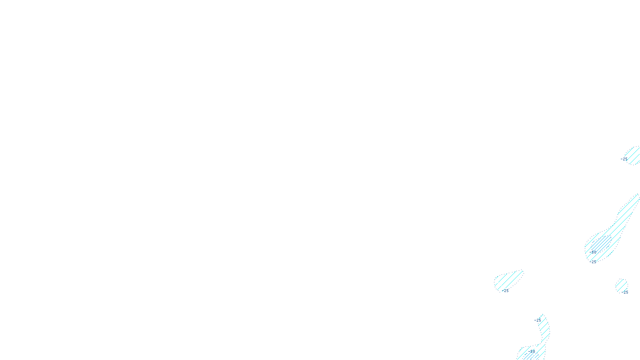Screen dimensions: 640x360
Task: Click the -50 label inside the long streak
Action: pyautogui.click(x=593, y=252)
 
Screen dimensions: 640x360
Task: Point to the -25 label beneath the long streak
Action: pyautogui.click(x=592, y=262)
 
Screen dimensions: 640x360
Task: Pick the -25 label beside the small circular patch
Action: pyautogui.click(x=625, y=292)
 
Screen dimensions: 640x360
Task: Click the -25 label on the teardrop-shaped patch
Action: pyautogui.click(x=506, y=291)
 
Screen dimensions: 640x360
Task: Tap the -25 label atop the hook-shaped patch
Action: pyautogui.click(x=538, y=320)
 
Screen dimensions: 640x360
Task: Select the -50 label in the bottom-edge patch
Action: pyautogui.click(x=532, y=352)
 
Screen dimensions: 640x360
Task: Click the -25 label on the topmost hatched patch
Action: pyautogui.click(x=624, y=159)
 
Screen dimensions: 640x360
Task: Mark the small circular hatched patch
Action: pyautogui.click(x=621, y=285)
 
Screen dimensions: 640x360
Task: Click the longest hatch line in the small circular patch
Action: pyautogui.click(x=621, y=286)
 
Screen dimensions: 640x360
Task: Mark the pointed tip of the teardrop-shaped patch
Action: pyautogui.click(x=522, y=272)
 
